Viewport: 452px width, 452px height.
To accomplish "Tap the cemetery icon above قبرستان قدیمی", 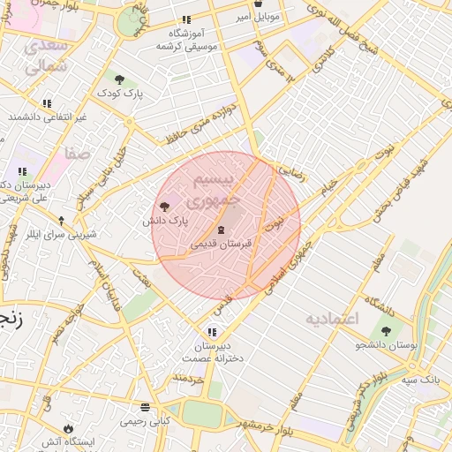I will tap(221, 229).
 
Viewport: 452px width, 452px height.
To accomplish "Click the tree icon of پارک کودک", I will tap(119, 79).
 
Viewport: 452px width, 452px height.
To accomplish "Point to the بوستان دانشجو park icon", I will tap(385, 331).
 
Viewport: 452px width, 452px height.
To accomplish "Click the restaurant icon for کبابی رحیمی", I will tap(145, 407).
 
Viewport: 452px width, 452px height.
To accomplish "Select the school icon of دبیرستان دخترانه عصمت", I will tap(207, 332).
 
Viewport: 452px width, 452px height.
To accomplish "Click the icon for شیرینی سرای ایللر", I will tap(61, 220).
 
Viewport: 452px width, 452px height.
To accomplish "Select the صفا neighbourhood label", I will tap(77, 154).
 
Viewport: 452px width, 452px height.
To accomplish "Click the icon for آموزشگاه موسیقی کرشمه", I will tap(185, 19).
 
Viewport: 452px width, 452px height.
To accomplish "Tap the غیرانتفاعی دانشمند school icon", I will tap(46, 103).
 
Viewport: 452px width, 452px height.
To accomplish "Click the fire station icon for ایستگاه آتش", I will tap(67, 428).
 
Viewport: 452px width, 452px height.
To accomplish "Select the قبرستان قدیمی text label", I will tap(222, 242).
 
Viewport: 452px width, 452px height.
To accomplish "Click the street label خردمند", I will tap(187, 378).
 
